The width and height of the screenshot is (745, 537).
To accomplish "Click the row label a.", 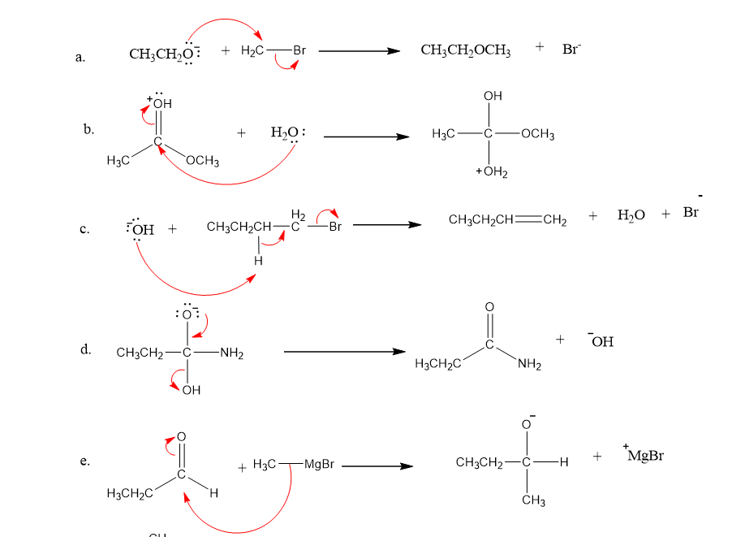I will pos(80,57).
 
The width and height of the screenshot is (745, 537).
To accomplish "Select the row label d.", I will pos(84,350).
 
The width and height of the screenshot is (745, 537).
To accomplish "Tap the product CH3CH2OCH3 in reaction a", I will pos(466,51).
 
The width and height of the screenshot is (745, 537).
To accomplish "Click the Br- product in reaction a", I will pos(572,49).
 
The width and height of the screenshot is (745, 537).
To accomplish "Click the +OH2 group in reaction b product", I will pos(491,172).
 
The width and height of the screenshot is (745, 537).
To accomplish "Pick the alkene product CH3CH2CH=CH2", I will pos(507,220).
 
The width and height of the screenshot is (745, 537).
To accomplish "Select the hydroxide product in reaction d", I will pos(600,341).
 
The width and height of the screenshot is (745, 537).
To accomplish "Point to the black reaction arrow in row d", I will pos(344,352).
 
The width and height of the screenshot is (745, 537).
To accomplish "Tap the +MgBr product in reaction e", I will pos(645,456).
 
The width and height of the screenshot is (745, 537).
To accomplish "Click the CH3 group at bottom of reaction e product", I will pos(532,501).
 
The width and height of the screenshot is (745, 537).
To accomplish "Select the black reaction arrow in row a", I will pos(360,51).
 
